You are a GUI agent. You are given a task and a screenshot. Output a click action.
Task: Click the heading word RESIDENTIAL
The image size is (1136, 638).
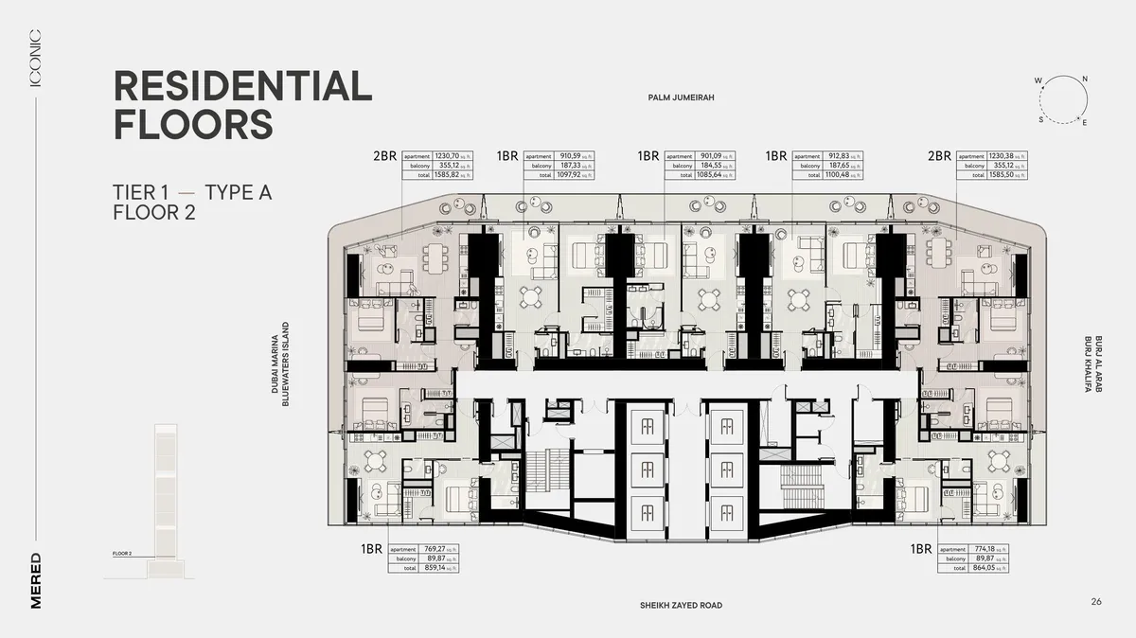242,86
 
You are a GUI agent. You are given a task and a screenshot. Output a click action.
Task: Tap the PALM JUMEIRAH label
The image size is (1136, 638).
680,97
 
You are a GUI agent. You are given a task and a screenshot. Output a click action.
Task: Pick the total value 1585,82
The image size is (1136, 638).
445,175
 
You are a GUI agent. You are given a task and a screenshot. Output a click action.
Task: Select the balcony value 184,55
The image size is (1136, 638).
707,166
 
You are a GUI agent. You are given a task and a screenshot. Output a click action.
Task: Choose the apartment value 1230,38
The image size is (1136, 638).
1001,156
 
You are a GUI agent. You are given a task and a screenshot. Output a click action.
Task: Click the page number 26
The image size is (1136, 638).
1096,602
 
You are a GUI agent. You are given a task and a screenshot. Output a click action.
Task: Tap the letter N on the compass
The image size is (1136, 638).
1085,79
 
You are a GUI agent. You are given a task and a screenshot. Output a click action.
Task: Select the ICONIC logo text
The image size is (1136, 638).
35,58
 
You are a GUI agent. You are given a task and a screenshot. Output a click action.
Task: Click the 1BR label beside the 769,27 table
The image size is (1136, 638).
371,549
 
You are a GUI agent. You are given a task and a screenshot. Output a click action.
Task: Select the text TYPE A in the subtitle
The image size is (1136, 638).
239,193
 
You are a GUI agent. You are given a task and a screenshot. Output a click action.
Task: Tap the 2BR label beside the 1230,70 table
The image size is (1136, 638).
384,156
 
